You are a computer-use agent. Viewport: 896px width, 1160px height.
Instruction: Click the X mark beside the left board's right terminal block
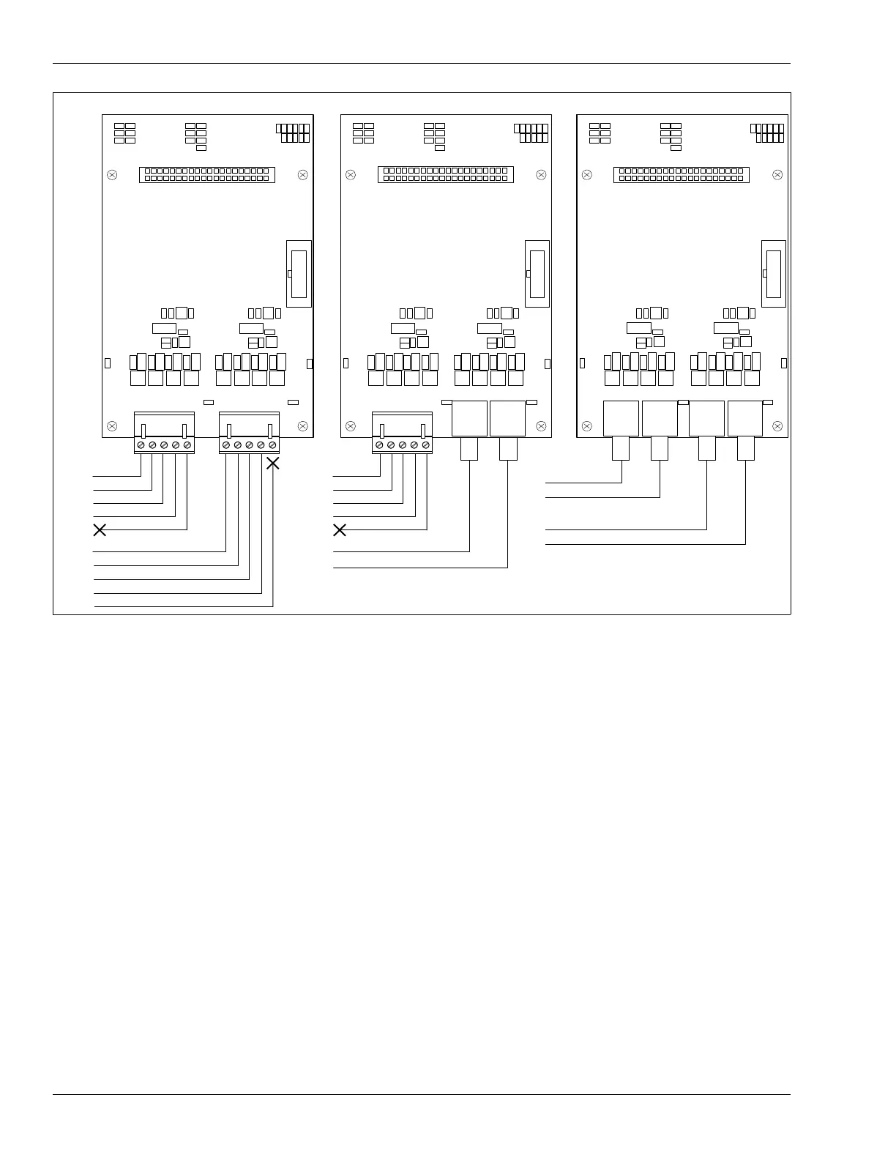tap(272, 463)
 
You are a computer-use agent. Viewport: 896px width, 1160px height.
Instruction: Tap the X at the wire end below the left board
tap(100, 530)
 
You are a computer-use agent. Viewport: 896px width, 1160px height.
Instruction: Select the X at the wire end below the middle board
tap(340, 530)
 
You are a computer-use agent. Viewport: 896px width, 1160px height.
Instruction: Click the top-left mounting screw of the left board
tap(112, 175)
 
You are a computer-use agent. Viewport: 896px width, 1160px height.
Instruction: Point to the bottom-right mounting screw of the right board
tap(777, 426)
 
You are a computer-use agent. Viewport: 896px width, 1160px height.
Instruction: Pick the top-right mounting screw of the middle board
tap(541, 175)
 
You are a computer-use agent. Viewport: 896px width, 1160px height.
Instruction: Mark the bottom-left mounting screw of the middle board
tap(351, 426)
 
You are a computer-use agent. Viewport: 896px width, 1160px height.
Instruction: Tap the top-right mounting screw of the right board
tap(777, 175)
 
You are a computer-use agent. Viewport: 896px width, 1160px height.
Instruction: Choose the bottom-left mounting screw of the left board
tap(112, 426)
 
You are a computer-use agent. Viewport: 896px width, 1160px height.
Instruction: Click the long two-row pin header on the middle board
tap(445, 174)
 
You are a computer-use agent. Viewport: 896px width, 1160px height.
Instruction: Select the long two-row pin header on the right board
tap(681, 174)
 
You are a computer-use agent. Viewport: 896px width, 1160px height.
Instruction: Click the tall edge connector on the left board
tap(299, 274)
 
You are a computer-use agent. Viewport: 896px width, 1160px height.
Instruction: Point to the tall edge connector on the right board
tap(774, 274)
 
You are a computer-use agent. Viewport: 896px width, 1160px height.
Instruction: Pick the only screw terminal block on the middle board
tap(402, 433)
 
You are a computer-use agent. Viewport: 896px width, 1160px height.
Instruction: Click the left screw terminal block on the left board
tap(164, 433)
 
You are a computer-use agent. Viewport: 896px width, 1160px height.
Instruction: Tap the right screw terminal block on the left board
tap(249, 433)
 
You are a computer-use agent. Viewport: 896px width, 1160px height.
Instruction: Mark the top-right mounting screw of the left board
tap(303, 175)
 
